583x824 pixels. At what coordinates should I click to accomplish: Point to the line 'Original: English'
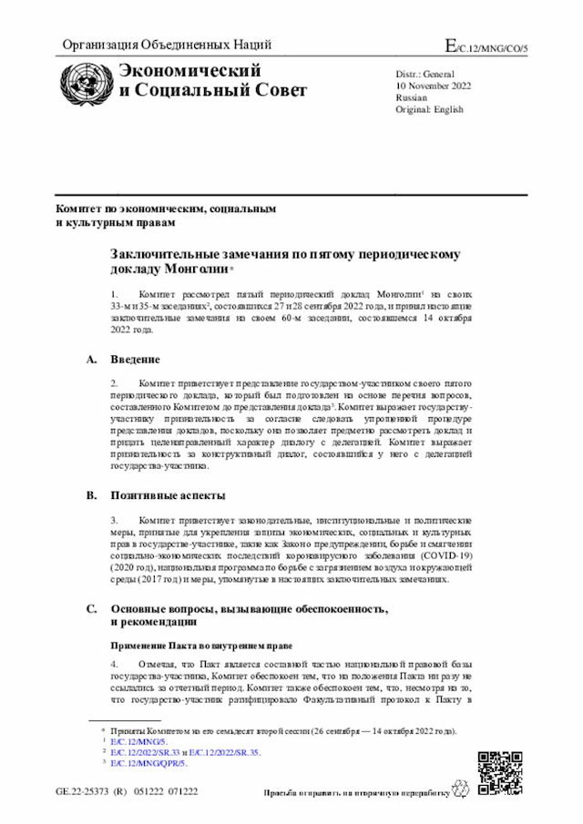click(429, 109)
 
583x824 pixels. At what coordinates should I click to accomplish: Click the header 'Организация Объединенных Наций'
click(167, 46)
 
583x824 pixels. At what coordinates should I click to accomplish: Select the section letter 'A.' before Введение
click(91, 360)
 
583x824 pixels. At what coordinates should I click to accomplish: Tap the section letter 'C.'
click(91, 608)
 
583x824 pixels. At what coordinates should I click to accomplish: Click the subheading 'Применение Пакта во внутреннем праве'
click(201, 646)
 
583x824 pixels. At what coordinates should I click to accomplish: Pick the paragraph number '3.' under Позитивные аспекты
click(115, 520)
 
